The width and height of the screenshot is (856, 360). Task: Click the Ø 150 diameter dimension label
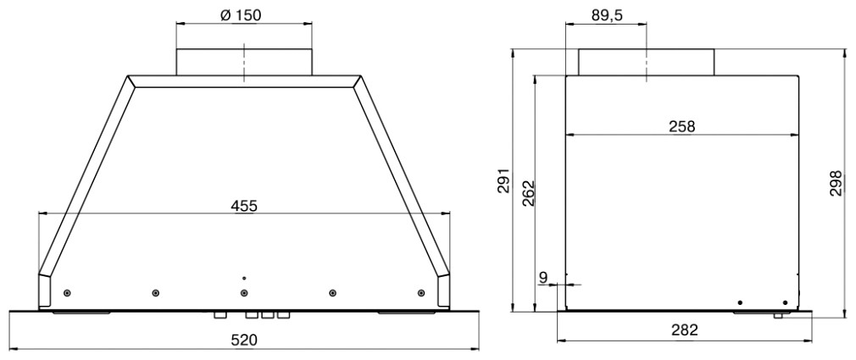241,15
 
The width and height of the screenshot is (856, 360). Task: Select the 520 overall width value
243,341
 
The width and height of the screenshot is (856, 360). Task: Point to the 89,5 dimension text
607,16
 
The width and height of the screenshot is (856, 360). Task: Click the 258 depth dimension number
682,126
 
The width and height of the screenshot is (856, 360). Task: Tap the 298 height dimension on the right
837,184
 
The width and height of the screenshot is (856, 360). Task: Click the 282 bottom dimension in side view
685,330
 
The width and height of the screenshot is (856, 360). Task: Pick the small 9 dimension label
542,278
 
